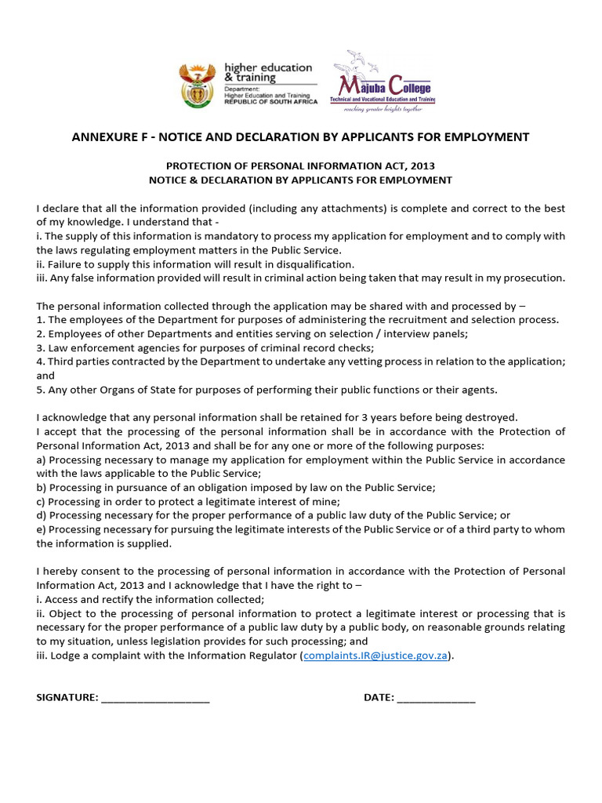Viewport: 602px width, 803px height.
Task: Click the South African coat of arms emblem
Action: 196,85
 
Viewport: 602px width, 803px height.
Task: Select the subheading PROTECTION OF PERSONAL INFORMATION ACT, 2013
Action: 300,166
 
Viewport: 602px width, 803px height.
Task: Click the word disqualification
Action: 306,264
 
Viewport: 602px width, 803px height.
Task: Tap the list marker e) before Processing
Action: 42,529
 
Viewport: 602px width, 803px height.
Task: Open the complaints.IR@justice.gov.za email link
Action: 376,656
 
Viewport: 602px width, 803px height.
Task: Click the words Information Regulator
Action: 245,656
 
